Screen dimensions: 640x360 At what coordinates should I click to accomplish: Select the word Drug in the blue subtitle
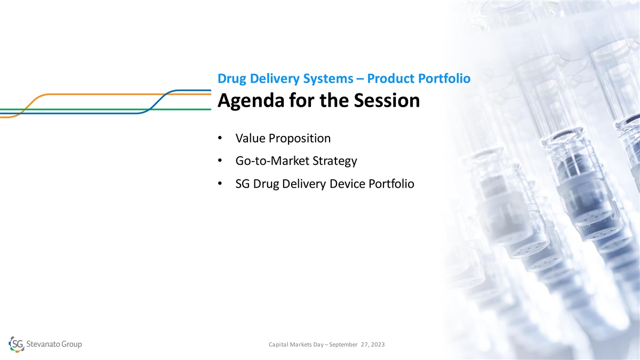click(x=231, y=78)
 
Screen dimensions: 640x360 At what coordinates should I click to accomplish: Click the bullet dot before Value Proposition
click(x=220, y=138)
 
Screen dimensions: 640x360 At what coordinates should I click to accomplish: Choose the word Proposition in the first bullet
click(x=299, y=139)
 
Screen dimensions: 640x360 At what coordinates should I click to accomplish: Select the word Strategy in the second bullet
click(x=334, y=161)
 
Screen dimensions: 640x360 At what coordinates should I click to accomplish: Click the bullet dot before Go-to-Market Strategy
click(x=220, y=161)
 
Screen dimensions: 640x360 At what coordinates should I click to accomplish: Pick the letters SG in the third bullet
click(x=243, y=183)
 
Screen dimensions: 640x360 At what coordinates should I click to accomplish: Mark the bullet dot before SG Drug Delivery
click(x=220, y=183)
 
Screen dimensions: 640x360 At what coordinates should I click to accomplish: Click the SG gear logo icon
click(x=17, y=345)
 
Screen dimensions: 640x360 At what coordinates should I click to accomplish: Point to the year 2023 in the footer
click(x=378, y=345)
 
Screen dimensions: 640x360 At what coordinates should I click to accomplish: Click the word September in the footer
click(x=343, y=345)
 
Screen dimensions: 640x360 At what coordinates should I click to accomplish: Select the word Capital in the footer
click(x=278, y=345)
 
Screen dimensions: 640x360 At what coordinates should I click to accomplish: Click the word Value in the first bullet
click(x=251, y=138)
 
